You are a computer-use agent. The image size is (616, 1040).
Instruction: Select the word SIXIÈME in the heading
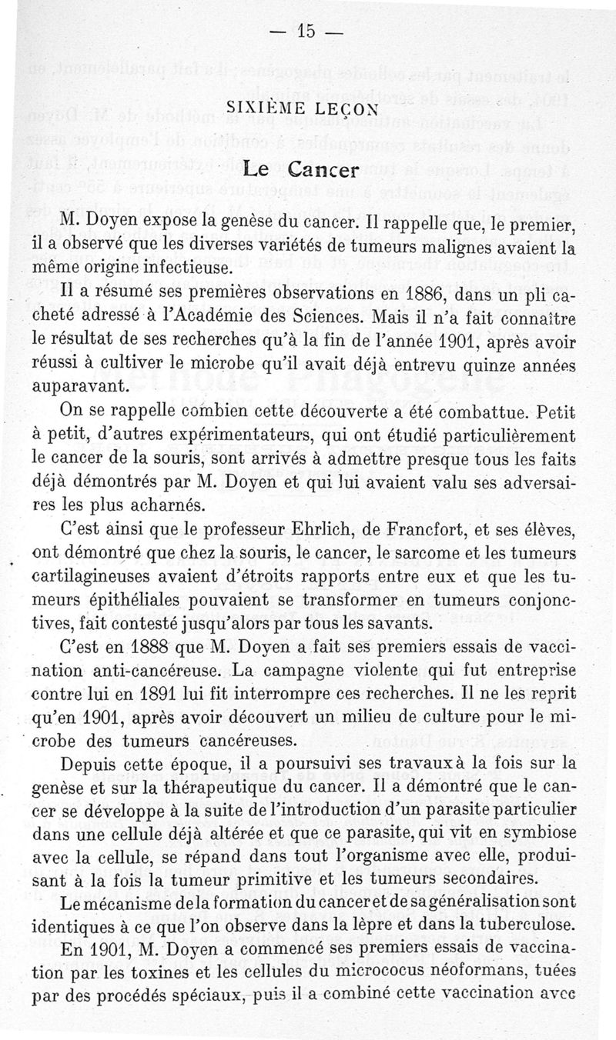coord(266,110)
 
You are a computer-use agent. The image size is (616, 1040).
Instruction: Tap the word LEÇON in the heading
coord(345,110)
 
